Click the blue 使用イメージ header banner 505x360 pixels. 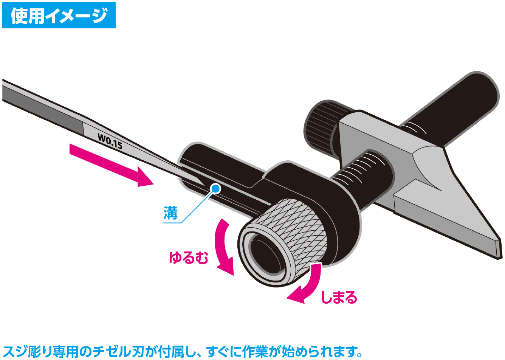pyautogui.click(x=59, y=16)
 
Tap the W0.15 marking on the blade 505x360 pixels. pyautogui.click(x=110, y=141)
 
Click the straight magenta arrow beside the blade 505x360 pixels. pyautogui.click(x=112, y=165)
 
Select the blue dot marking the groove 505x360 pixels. pyautogui.click(x=216, y=188)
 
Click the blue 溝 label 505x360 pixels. pyautogui.click(x=170, y=213)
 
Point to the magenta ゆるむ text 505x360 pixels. pyautogui.click(x=189, y=258)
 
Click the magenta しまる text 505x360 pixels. pyautogui.click(x=339, y=297)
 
